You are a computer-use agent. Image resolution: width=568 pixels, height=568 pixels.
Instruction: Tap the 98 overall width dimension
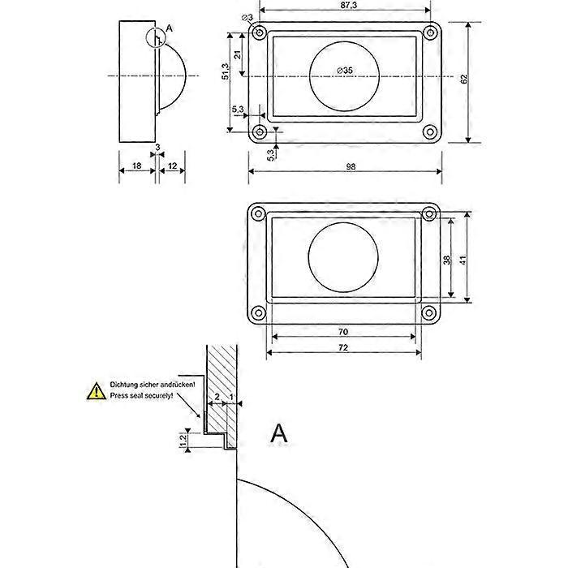[x=350, y=166]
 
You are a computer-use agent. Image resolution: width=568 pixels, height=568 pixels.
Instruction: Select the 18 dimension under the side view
[x=136, y=165]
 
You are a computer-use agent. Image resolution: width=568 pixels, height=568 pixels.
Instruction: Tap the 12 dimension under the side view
[x=172, y=165]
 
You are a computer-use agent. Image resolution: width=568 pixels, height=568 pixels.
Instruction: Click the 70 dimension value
[x=343, y=331]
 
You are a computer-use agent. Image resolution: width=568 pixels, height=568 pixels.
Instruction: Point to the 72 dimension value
[x=343, y=347]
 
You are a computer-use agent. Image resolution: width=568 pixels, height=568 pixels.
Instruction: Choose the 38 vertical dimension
[x=447, y=260]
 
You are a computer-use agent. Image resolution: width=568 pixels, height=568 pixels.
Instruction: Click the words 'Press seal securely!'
[x=142, y=395]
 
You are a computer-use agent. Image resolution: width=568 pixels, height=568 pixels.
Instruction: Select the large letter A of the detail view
[x=278, y=432]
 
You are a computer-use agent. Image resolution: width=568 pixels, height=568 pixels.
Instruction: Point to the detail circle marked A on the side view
[x=155, y=37]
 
